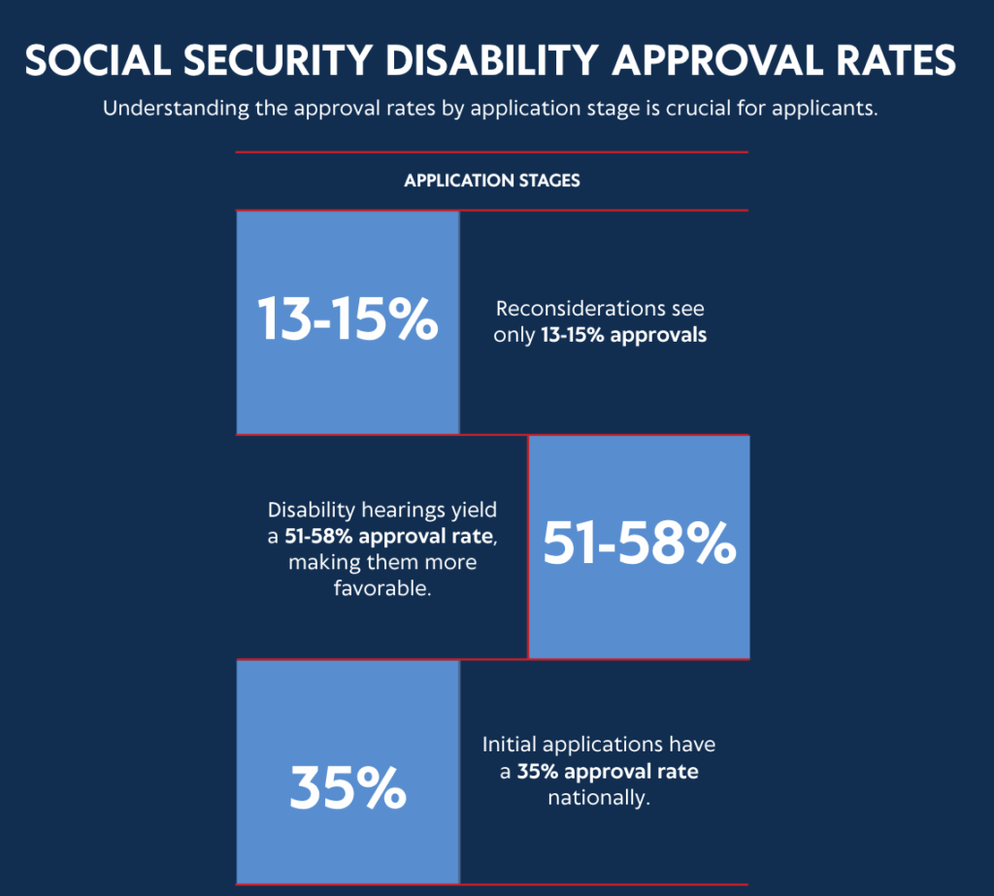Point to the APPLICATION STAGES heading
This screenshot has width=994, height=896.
click(x=492, y=181)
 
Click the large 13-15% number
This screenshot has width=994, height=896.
click(x=348, y=320)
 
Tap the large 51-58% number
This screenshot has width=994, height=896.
click(x=639, y=545)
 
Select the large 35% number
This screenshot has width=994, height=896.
click(x=348, y=789)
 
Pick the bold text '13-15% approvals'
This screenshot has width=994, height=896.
click(x=623, y=337)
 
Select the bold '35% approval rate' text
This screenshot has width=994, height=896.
click(x=608, y=773)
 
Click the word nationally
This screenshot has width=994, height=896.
click(x=598, y=799)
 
